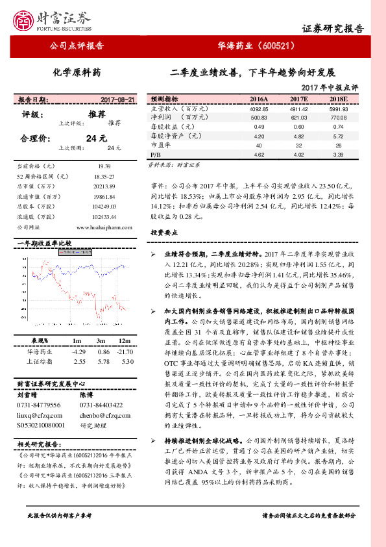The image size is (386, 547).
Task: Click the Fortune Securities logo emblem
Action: click(27, 19)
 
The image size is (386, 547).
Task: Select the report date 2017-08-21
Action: click(118, 100)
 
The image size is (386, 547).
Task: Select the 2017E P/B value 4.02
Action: click(299, 155)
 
